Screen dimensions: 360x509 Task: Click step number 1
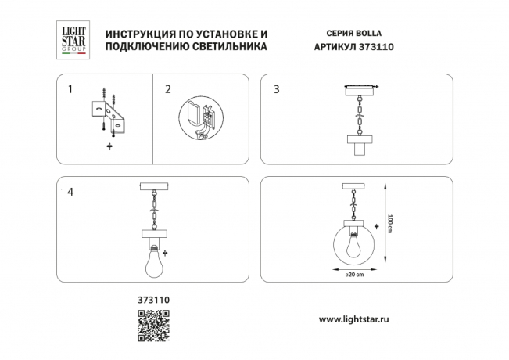[70, 89]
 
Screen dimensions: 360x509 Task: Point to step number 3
[276, 89]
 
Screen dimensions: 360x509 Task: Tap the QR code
[153, 326]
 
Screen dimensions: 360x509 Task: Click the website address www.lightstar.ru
[354, 319]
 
